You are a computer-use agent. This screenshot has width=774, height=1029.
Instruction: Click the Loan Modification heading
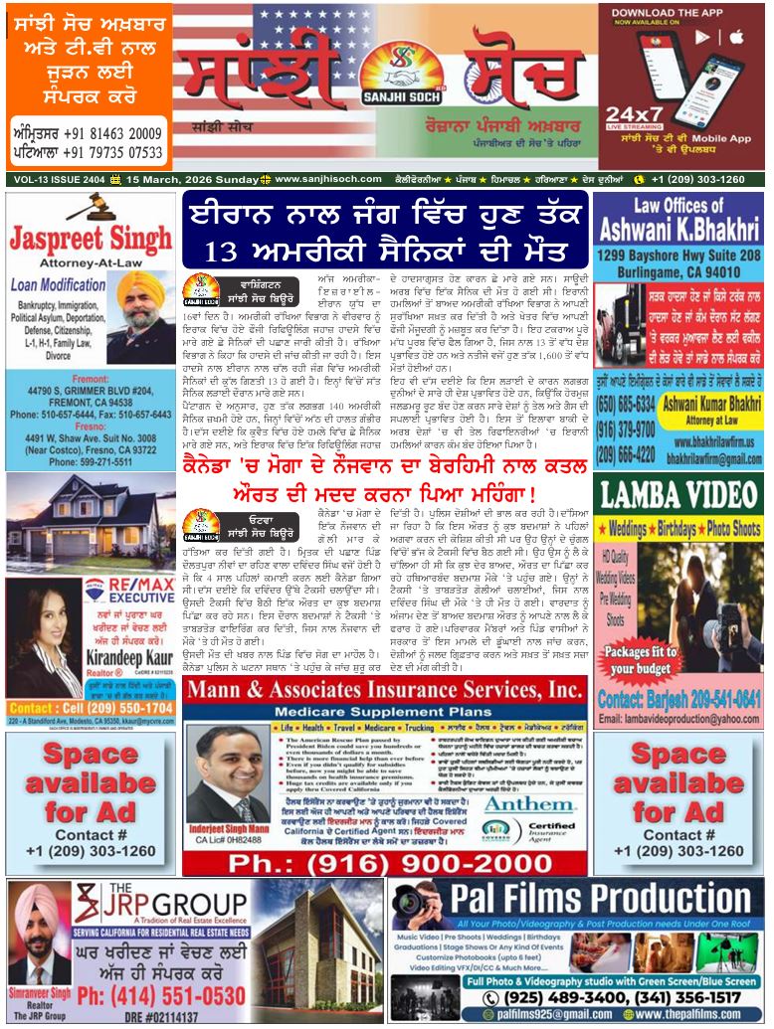point(59,284)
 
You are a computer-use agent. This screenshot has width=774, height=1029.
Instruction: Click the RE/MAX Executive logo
point(120,593)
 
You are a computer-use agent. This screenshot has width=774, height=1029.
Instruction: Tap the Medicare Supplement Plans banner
point(384,713)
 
